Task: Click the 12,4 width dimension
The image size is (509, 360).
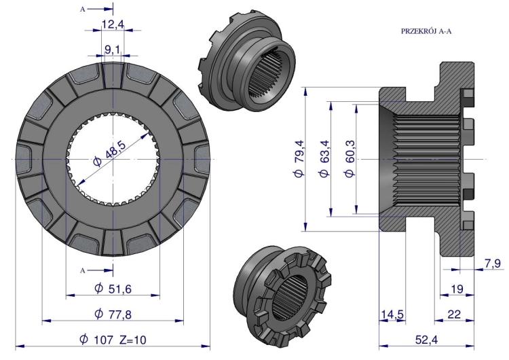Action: tap(113, 24)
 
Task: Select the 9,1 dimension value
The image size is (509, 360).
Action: tap(112, 50)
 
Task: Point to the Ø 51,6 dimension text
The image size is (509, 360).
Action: tap(113, 288)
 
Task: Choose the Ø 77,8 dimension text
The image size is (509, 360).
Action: tap(113, 314)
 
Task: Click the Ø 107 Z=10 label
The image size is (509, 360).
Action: tap(113, 340)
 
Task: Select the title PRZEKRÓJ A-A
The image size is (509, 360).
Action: tap(426, 31)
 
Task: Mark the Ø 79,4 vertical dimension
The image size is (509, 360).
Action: tap(299, 159)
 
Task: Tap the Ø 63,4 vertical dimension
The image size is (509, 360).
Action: tap(324, 159)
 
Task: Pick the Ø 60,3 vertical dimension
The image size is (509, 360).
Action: tap(350, 159)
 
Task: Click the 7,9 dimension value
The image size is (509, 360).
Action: tap(493, 264)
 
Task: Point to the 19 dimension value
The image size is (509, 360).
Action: tap(457, 289)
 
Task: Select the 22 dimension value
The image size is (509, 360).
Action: tap(454, 314)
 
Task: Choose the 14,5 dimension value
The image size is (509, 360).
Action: tap(392, 314)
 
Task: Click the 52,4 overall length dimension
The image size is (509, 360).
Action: tap(427, 340)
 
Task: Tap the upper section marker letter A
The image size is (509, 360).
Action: tap(82, 10)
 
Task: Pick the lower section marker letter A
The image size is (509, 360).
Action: tap(82, 270)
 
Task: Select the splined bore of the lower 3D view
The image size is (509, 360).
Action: tap(291, 298)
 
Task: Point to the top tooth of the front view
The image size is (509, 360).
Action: tap(113, 75)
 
